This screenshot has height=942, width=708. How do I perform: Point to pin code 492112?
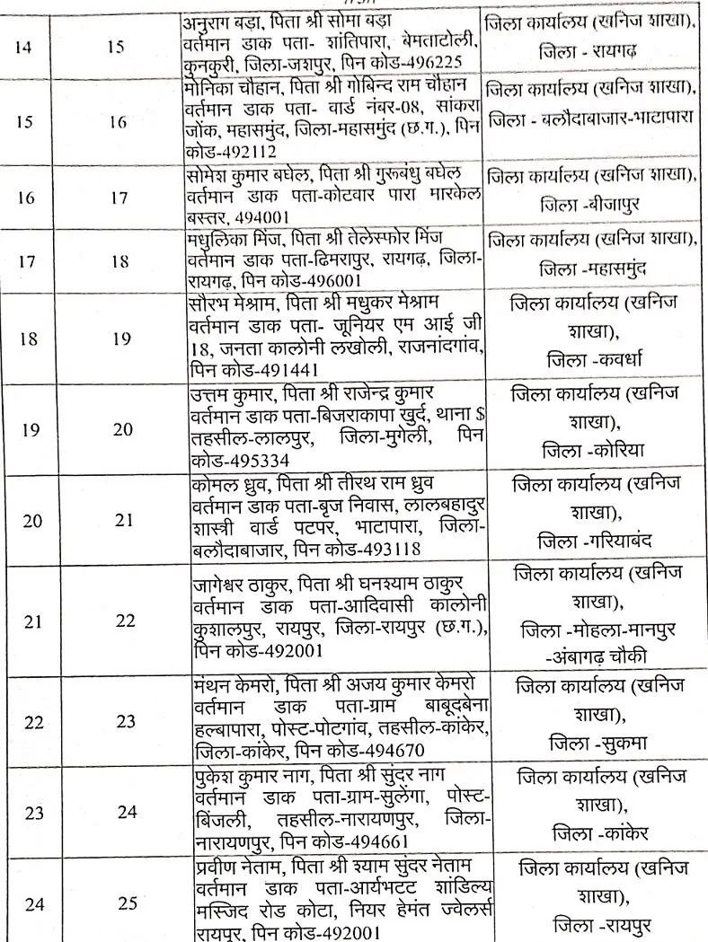click(x=238, y=150)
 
